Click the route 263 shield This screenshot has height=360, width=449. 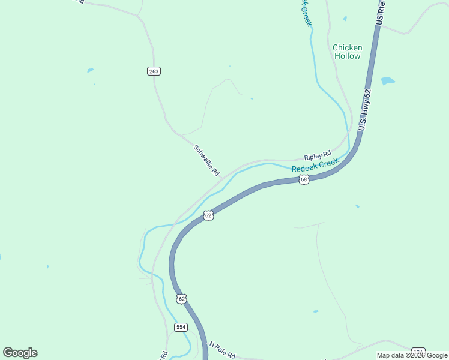(x=154, y=71)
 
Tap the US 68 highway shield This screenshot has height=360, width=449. (x=304, y=179)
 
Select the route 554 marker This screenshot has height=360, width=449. (x=181, y=327)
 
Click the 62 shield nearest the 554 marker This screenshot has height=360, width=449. (x=182, y=298)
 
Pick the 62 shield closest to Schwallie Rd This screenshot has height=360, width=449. (x=208, y=215)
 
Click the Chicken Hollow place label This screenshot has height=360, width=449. (x=347, y=52)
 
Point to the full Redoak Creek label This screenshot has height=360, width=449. (x=315, y=166)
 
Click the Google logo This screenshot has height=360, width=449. (x=20, y=352)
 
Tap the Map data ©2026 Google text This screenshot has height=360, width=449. (x=412, y=355)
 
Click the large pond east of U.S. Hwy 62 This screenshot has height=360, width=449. (x=388, y=80)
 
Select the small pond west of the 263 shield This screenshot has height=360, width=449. (x=91, y=70)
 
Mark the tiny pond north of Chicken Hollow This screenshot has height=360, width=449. (x=345, y=19)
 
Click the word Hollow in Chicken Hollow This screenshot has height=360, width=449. (x=348, y=56)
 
